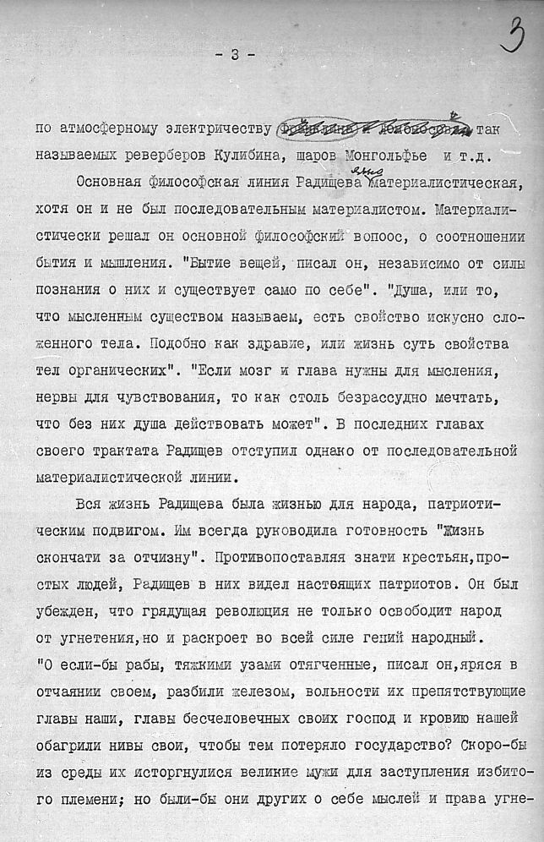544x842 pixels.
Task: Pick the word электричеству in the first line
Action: coord(220,129)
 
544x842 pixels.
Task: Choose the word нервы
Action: coord(57,398)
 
